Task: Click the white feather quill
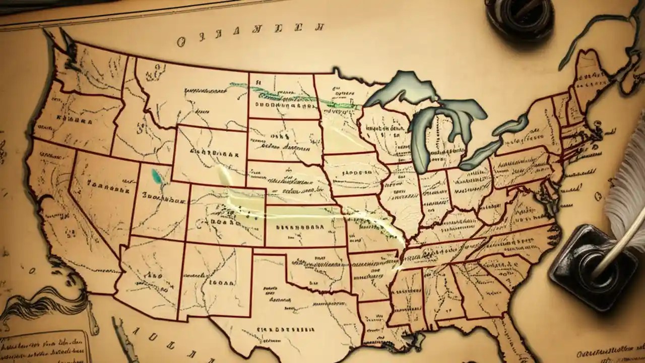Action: (x=628, y=192)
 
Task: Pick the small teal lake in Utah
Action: (x=157, y=175)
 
